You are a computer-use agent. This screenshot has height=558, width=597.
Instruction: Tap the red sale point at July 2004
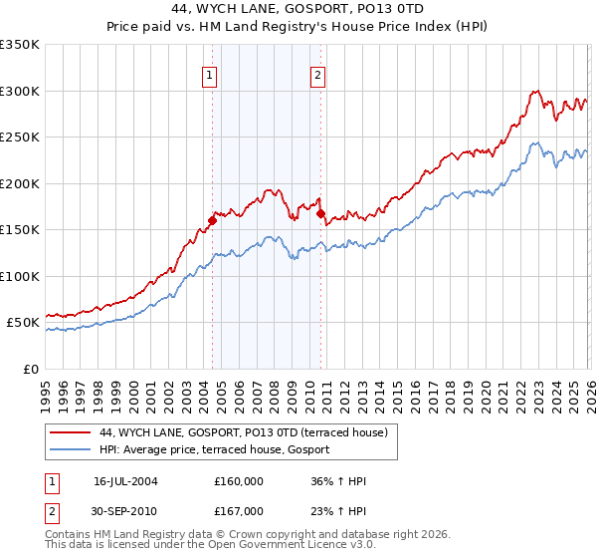(212, 221)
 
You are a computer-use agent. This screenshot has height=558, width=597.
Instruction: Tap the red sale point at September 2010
(320, 213)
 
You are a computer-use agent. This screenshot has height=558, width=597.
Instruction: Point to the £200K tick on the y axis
(22, 183)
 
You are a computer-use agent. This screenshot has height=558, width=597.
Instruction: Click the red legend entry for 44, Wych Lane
(249, 432)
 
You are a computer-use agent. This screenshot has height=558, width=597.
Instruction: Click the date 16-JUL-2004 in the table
(125, 481)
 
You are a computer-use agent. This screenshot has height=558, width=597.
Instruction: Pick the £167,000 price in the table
(239, 511)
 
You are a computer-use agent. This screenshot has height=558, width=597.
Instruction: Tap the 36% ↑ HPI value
(338, 481)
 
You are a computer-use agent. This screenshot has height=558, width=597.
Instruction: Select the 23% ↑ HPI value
(338, 511)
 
